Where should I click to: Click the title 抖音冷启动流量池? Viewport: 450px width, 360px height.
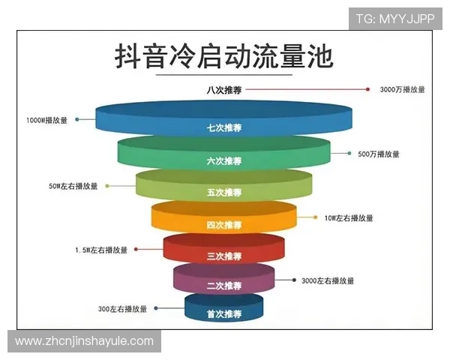(x=224, y=56)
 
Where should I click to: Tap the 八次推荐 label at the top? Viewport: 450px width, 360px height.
(x=223, y=90)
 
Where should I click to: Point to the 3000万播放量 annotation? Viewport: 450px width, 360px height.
(x=402, y=89)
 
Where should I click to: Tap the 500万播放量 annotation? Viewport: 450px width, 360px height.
(x=378, y=154)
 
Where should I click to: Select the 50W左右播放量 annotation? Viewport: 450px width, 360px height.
(x=73, y=186)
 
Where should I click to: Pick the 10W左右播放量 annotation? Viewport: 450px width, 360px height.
(x=349, y=218)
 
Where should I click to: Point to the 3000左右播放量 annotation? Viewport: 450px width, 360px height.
(x=328, y=280)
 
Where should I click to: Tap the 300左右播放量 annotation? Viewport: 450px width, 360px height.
(x=123, y=308)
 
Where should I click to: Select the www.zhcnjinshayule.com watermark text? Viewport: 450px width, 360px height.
(x=84, y=341)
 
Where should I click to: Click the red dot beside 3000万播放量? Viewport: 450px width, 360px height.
(x=367, y=89)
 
